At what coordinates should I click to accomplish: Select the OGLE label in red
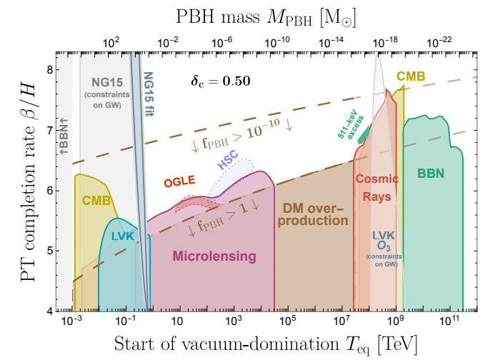pyautogui.click(x=180, y=181)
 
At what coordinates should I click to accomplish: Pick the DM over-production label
pyautogui.click(x=314, y=213)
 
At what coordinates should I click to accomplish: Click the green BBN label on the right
pyautogui.click(x=431, y=172)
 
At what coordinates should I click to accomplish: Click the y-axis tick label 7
pyautogui.click(x=46, y=130)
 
